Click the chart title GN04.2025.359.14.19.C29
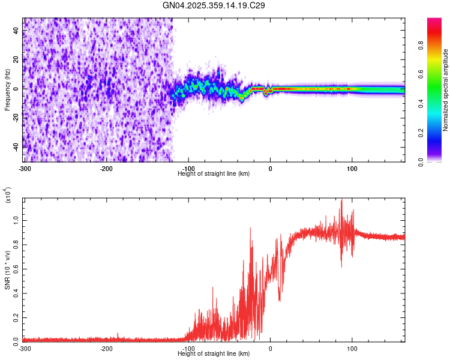tap(214, 5)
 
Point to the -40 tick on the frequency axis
tap(15, 146)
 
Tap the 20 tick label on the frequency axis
tap(15, 59)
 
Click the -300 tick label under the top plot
tap(25, 168)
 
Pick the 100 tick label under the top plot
tap(352, 168)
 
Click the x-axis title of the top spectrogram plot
tap(214, 173)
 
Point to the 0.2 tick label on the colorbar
tap(421, 133)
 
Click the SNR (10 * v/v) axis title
tap(7, 270)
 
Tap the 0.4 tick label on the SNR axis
tap(15, 293)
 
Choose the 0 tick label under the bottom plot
tap(270, 349)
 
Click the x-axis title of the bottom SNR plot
tap(214, 354)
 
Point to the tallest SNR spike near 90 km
tap(341, 200)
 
